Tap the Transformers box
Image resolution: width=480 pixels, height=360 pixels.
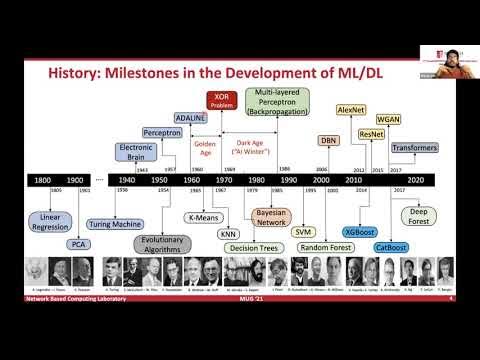[414, 148]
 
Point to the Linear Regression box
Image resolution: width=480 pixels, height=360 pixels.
[50, 221]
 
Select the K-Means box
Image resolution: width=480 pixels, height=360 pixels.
[205, 217]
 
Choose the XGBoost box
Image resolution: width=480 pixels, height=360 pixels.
[360, 232]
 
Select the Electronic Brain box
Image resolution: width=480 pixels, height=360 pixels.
[136, 152]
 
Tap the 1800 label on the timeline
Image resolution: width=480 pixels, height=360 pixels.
[43, 181]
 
